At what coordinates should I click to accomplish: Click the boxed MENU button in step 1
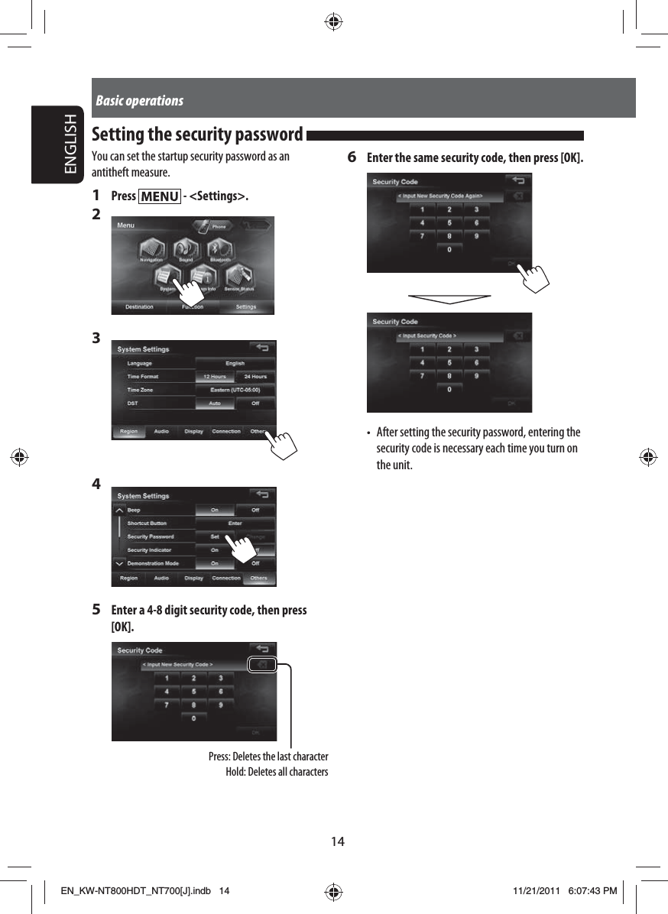[160, 197]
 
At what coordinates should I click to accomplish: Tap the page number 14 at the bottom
[337, 841]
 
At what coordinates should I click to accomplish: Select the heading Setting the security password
[197, 135]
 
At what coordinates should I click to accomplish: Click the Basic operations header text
[140, 101]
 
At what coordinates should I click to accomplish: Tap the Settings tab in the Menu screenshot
[246, 307]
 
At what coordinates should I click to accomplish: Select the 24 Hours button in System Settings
[255, 377]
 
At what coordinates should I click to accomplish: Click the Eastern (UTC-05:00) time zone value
[235, 390]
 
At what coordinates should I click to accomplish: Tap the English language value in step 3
[235, 364]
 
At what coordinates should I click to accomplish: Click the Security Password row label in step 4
[151, 536]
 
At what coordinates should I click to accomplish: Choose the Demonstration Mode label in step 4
[153, 563]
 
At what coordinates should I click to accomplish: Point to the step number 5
[96, 610]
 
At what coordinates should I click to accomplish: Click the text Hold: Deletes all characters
[277, 772]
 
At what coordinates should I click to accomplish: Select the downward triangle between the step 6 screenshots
[449, 297]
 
